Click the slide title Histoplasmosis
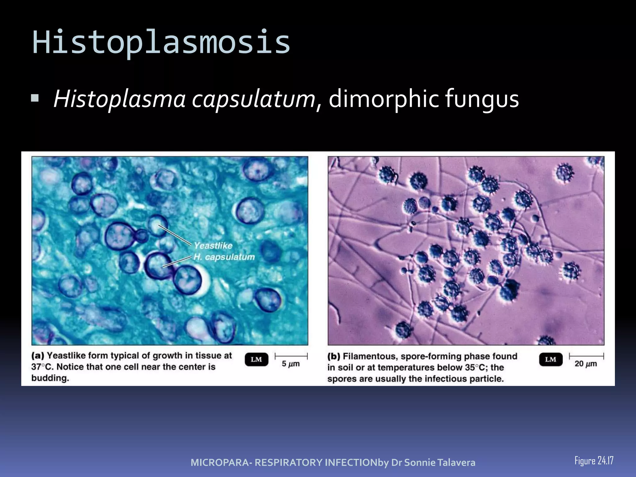click(x=161, y=42)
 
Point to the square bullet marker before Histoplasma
click(x=35, y=99)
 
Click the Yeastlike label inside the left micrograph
click(x=213, y=246)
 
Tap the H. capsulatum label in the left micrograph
click(x=224, y=257)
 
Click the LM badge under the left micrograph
click(x=256, y=360)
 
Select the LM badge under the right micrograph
click(x=551, y=360)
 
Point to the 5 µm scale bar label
click(x=291, y=364)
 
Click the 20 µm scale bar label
click(x=586, y=364)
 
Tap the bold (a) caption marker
click(x=38, y=356)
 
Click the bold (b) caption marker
click(x=334, y=356)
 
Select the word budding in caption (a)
click(x=50, y=378)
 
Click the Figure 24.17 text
click(x=594, y=461)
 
